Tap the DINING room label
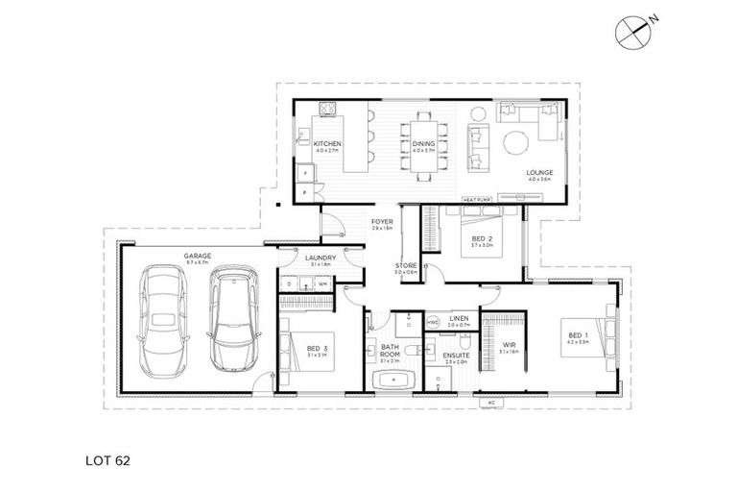(x=423, y=142)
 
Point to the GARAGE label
(x=199, y=256)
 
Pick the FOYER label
(x=382, y=222)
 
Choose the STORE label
(x=406, y=264)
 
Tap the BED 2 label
(x=482, y=236)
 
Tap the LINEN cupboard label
(x=459, y=318)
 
